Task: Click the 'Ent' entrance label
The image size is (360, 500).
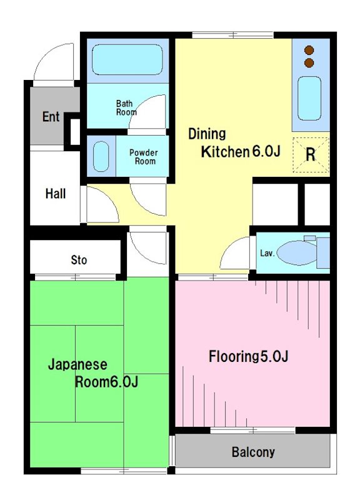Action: [51, 117]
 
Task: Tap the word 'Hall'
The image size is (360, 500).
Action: [56, 194]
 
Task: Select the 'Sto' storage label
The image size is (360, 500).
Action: [79, 260]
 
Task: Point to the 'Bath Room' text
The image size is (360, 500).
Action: [126, 107]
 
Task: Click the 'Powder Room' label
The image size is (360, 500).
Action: [144, 157]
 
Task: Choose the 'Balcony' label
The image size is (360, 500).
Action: [253, 452]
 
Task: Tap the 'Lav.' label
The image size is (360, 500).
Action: [267, 253]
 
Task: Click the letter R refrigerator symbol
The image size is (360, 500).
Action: [311, 155]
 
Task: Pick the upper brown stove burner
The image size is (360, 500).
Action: [309, 51]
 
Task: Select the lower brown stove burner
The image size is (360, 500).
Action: [309, 63]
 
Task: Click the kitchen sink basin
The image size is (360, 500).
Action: [309, 98]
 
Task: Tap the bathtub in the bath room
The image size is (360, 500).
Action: [127, 59]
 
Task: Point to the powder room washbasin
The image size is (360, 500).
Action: [101, 156]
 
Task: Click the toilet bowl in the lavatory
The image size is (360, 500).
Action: [296, 253]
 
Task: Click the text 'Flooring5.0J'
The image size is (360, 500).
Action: [248, 356]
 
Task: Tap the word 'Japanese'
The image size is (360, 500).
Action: [77, 364]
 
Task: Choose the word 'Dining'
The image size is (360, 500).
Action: [207, 134]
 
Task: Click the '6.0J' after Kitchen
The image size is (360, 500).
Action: [267, 151]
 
